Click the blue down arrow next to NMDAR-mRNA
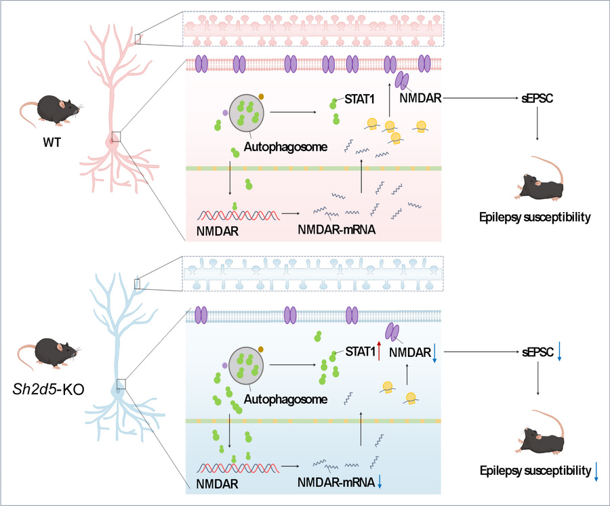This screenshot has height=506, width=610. click(x=380, y=482)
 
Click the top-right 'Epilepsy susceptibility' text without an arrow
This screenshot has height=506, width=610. click(x=537, y=218)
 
